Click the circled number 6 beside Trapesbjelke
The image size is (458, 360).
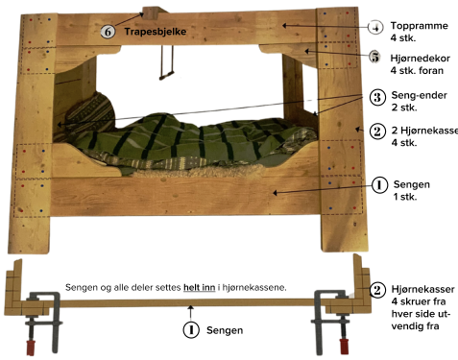pos(108,32)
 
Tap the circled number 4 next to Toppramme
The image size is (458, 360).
pos(375,27)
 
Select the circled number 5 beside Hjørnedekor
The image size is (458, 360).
pos(375,57)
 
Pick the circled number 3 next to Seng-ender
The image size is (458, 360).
pos(377,97)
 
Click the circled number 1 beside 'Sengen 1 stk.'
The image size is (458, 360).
pos(379,185)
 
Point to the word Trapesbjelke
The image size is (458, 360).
pos(156,32)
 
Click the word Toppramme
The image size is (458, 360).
pos(420,26)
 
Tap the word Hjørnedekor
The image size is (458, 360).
pos(421,59)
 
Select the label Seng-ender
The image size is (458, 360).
pos(420,95)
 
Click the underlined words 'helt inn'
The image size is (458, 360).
pos(199,287)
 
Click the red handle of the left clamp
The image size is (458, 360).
pos(31,348)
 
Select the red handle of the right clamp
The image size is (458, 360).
pos(345,347)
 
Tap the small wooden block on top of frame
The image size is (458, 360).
pos(151,13)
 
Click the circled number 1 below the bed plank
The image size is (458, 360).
pos(191,329)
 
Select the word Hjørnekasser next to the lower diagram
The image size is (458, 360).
pos(422,289)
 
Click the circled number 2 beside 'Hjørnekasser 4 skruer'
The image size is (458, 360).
pos(377,290)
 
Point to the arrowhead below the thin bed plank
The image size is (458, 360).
pos(191,308)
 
